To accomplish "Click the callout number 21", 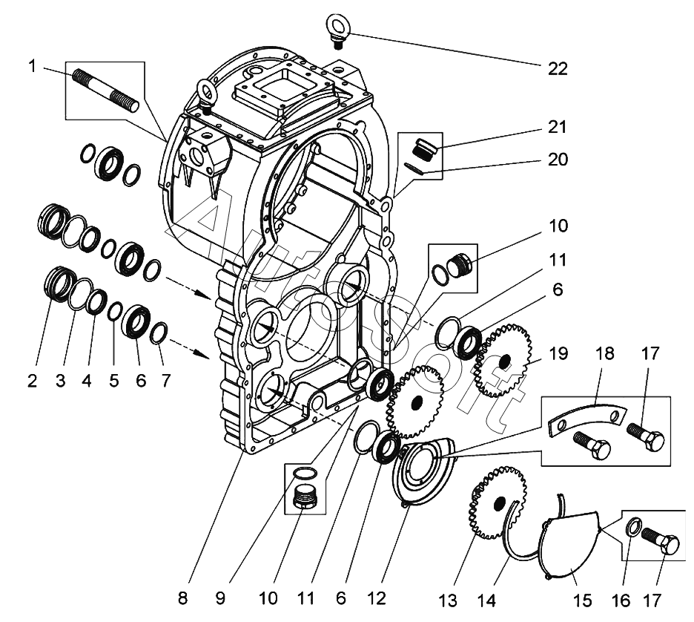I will [x=558, y=127].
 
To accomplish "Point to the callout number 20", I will [x=558, y=160].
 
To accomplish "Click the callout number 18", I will [x=605, y=354].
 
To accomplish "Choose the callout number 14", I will [x=487, y=599].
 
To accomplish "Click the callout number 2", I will [x=32, y=382].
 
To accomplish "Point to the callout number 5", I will [x=113, y=382].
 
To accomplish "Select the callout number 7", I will [x=165, y=382].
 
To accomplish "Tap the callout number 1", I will [x=32, y=67].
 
